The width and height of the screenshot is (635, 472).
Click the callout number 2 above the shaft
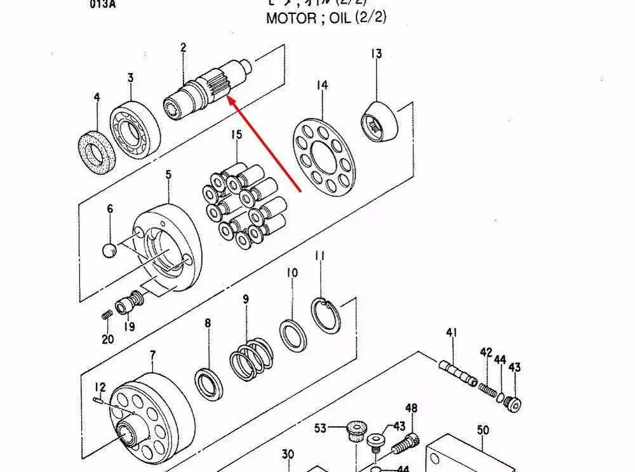click(183, 48)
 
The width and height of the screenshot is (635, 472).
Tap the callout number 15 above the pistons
click(236, 135)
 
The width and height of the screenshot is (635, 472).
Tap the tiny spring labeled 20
click(106, 314)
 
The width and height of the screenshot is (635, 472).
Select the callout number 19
click(129, 327)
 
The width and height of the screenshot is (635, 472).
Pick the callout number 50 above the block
click(483, 430)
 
